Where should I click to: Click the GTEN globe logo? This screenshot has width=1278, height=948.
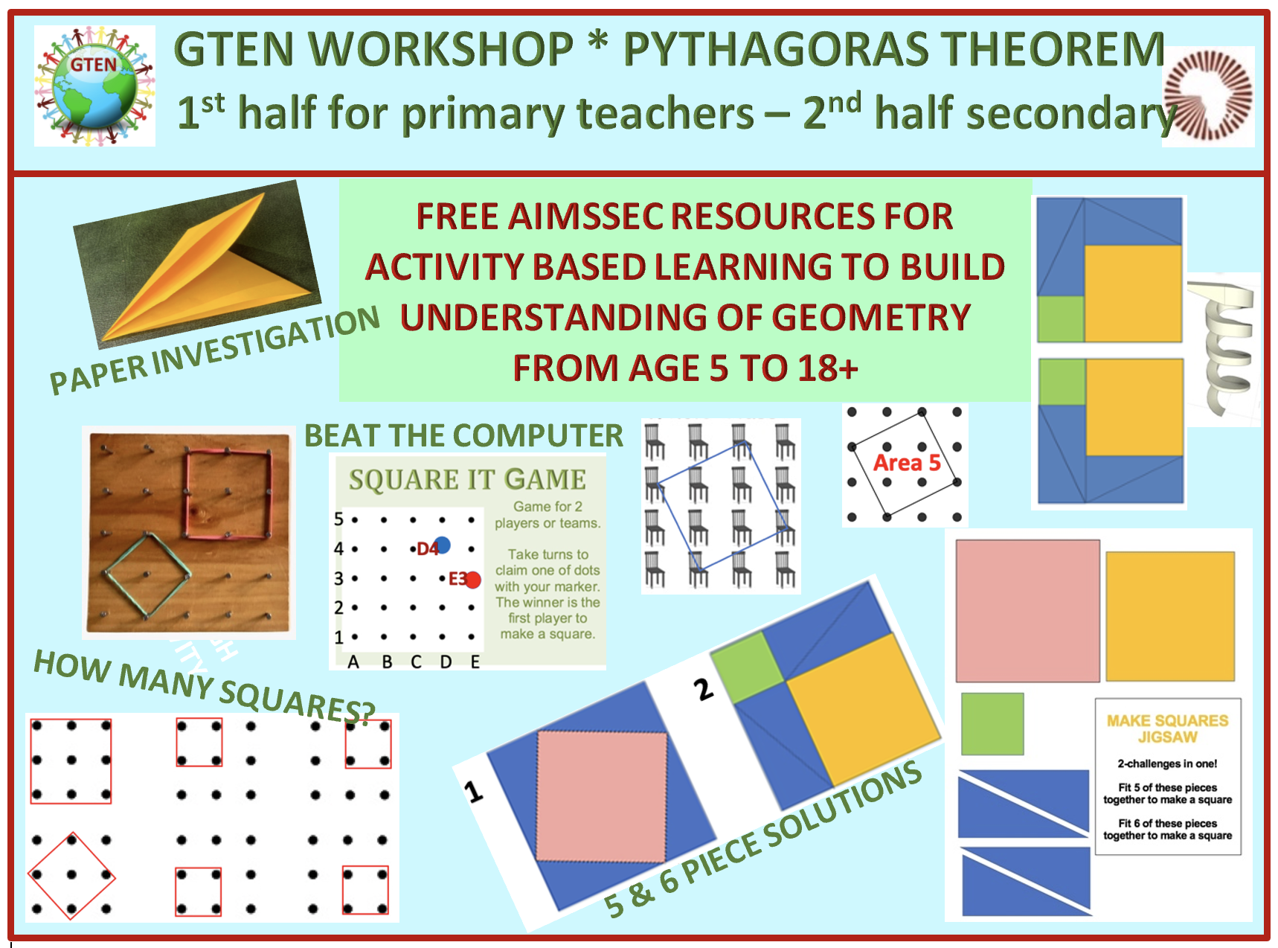pos(94,86)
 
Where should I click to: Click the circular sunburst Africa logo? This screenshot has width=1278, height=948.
pos(1208,96)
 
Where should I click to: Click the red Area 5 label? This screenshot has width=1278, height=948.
pos(907,463)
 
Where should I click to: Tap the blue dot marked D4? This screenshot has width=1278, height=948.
pos(442,545)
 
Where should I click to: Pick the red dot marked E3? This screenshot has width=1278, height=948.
pos(473,580)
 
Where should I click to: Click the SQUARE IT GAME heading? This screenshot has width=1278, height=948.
pos(468,480)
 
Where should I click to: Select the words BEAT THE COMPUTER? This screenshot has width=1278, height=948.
pos(463,436)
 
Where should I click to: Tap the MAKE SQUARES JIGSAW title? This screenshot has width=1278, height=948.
pos(1167,728)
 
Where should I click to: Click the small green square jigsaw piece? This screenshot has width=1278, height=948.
pos(992,724)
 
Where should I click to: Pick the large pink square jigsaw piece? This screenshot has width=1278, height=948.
pos(1027,611)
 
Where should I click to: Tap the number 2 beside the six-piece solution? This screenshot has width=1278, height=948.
pos(703,690)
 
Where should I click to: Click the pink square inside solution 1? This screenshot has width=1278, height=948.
pos(601,797)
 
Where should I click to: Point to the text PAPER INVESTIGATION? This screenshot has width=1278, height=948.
pos(214,350)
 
